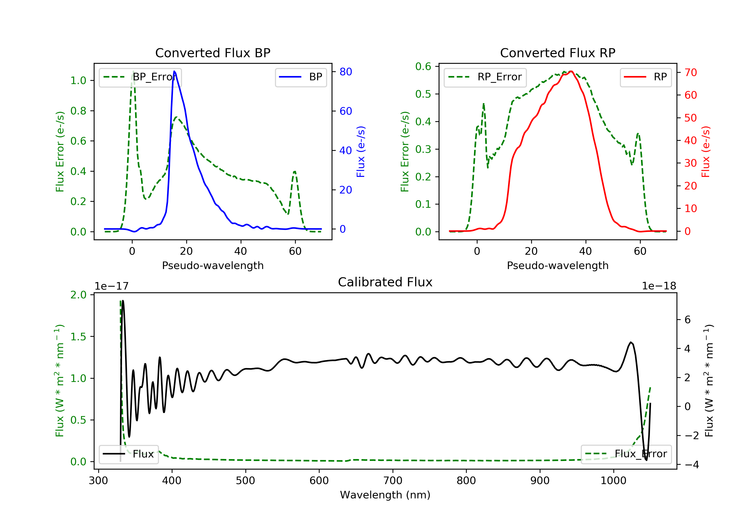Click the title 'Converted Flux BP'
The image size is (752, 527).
coord(213,53)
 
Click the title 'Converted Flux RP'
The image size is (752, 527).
coord(557,53)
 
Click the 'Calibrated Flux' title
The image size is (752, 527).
coord(385,282)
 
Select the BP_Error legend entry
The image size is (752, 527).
coord(140,77)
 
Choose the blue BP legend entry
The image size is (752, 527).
coord(301,77)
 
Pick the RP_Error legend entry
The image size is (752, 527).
coord(485,77)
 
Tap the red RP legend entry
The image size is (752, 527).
coord(645,77)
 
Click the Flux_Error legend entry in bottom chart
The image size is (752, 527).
coord(626,454)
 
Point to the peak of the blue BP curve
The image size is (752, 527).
coord(174,71)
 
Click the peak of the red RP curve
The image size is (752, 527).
coord(571,71)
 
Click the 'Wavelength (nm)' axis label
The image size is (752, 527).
coord(385,495)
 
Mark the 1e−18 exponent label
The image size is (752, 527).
coord(659,286)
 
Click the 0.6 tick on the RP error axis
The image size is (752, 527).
coord(423,67)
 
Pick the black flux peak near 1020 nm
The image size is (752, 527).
coord(630,342)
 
